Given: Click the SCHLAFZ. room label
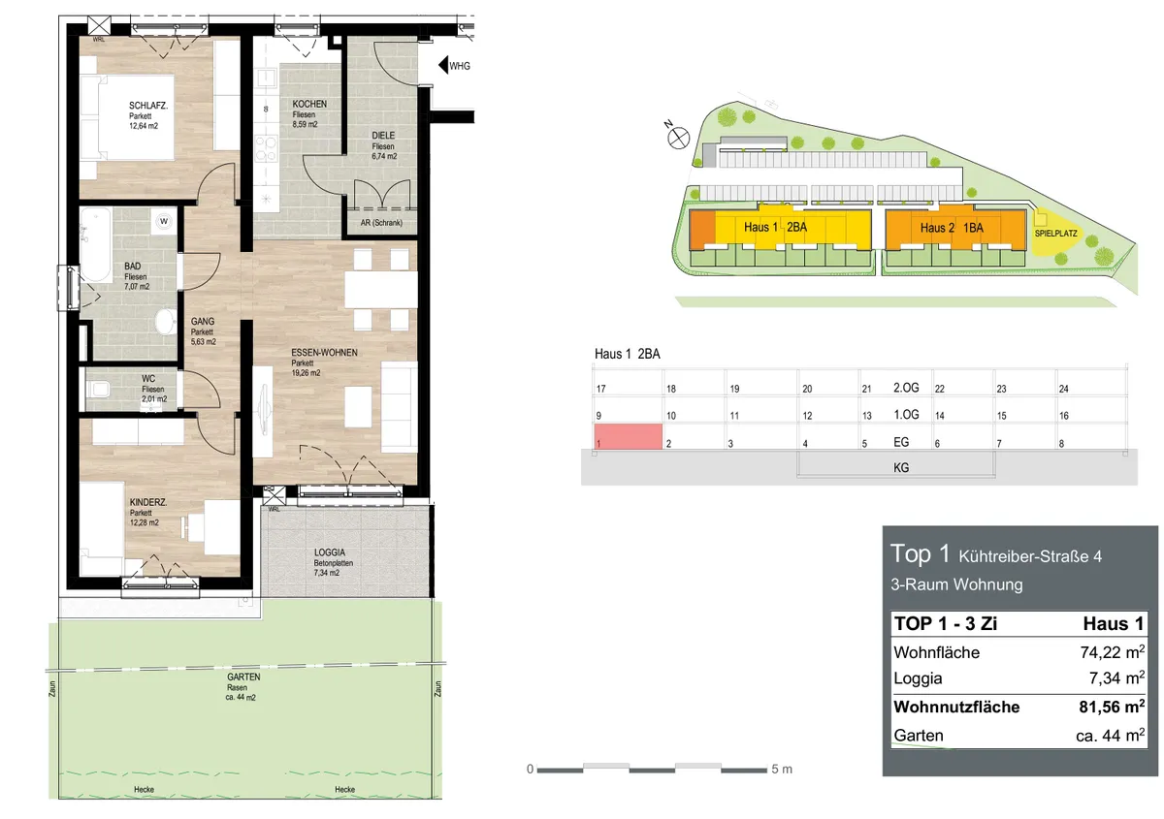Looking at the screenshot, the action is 148,106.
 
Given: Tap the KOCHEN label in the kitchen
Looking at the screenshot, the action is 309,104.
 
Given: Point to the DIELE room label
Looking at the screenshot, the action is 383,136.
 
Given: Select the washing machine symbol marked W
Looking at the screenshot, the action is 164,221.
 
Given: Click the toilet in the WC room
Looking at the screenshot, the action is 98,389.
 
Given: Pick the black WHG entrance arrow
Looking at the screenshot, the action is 442,66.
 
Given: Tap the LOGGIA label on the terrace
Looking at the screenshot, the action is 330,552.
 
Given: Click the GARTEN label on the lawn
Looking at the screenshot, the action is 243,677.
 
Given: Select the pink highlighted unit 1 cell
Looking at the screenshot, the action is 628,436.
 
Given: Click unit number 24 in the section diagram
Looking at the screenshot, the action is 1063,389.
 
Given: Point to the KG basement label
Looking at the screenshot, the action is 900,467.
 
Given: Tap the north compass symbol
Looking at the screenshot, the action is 678,139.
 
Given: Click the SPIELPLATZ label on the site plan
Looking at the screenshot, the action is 1055,234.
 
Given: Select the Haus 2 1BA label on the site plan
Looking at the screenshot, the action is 952,228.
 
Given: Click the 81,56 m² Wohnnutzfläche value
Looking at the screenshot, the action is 1112,707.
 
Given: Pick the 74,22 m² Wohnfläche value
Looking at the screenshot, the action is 1112,651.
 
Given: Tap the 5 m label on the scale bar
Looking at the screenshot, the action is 782,769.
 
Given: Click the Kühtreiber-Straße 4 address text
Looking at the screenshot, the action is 1030,556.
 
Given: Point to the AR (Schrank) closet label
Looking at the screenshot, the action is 381,223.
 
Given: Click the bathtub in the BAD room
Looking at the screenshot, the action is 96,245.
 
